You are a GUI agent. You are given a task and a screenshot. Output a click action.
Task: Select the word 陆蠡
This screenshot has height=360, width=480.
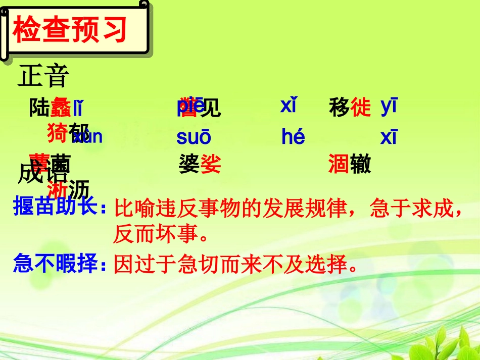[x=50, y=108]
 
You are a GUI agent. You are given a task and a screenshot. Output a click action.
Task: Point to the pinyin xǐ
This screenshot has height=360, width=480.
[x=288, y=106]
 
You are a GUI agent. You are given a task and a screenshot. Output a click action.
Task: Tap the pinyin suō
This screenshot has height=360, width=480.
[x=194, y=137]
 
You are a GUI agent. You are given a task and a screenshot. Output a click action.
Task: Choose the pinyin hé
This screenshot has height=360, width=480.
[x=293, y=137]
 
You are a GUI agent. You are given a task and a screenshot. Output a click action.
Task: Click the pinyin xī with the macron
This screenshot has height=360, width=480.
[x=389, y=137]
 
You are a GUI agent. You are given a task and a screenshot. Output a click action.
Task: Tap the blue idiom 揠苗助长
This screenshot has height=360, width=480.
[x=56, y=208]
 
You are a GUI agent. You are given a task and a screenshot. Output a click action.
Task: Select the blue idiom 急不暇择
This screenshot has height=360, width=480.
[x=56, y=264]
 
